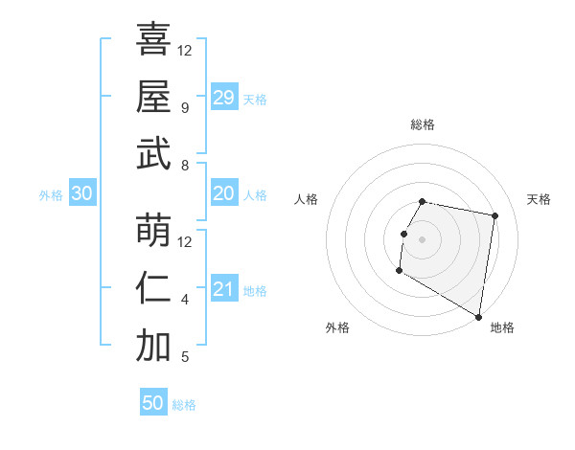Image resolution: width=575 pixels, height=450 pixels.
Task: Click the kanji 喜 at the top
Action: tap(153, 39)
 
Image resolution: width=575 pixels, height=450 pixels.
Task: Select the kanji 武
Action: tap(153, 154)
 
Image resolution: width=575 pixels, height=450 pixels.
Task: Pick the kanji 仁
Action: tap(153, 288)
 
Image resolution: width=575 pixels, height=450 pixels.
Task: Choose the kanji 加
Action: tap(153, 347)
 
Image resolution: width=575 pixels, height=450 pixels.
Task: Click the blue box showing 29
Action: tap(224, 98)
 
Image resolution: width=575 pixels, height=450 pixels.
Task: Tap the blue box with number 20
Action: tap(224, 193)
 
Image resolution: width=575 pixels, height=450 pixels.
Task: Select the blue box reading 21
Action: tap(224, 290)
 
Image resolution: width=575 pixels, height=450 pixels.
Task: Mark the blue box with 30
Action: tap(82, 193)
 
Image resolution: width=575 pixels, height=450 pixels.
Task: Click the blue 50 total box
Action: tap(153, 403)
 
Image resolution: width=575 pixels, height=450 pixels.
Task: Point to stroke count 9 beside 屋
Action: tap(185, 107)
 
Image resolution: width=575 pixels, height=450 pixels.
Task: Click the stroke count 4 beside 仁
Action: tap(185, 300)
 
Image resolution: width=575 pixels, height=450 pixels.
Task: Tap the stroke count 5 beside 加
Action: tap(185, 357)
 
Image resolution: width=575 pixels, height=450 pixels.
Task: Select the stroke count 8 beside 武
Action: tap(185, 166)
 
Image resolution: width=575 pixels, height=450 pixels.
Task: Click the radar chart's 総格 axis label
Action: tap(423, 124)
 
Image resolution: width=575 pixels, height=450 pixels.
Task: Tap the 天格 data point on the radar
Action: tap(494, 216)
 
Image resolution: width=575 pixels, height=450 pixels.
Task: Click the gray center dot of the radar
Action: tap(422, 239)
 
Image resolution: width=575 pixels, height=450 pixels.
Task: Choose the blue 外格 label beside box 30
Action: tap(51, 194)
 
